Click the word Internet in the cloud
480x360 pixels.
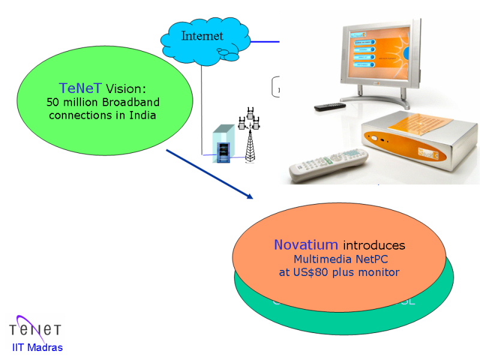(202, 36)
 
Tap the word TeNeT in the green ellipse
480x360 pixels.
(80, 88)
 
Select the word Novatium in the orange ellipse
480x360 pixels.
(306, 245)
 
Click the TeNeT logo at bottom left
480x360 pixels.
(35, 329)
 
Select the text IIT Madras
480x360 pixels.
(37, 347)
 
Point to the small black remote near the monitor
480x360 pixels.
(331, 107)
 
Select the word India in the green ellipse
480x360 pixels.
(143, 115)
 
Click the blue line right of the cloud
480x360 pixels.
(264, 41)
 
